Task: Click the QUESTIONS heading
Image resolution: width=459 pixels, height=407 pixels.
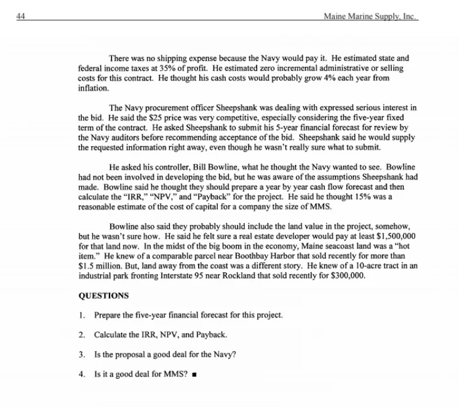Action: point(104,295)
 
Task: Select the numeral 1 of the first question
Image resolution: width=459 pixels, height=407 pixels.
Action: point(81,315)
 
